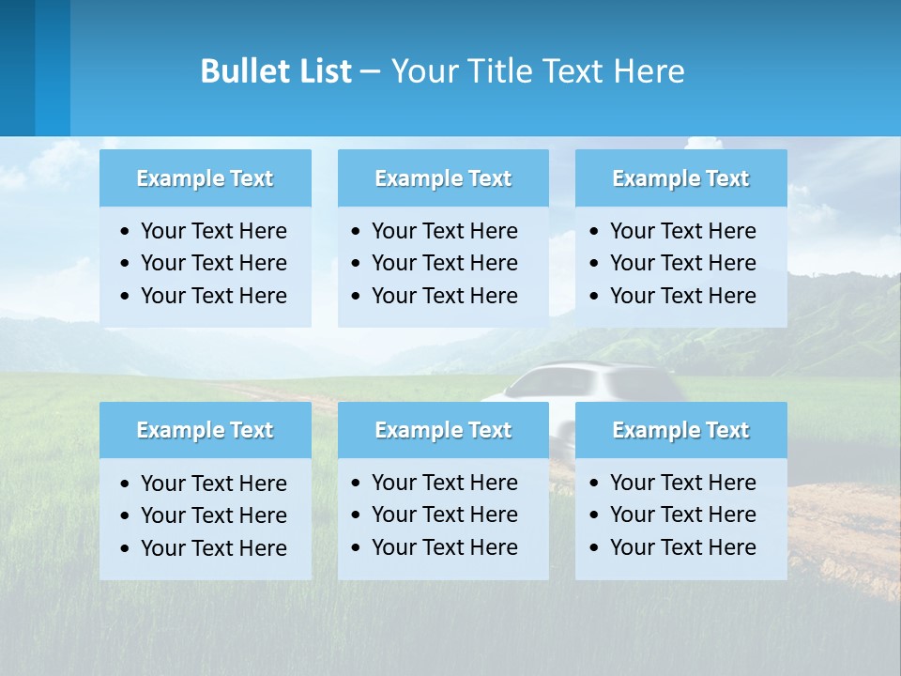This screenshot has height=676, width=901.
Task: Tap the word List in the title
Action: tap(321, 71)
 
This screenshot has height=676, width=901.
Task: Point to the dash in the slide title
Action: tap(370, 71)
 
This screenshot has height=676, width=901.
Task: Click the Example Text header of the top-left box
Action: tap(205, 178)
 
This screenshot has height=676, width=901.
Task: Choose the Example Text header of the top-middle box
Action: tap(443, 178)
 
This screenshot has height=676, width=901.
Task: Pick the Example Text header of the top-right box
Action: tap(680, 178)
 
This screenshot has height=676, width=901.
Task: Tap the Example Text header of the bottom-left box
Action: tap(205, 430)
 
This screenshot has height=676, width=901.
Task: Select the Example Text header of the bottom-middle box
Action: tap(443, 430)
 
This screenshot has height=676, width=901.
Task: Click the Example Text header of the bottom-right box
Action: tap(680, 430)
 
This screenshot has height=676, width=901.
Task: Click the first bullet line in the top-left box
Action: tap(213, 231)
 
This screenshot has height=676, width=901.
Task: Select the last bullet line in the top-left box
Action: tap(213, 296)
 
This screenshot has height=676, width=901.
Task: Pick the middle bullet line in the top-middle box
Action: tap(444, 263)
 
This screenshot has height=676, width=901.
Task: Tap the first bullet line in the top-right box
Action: tap(682, 231)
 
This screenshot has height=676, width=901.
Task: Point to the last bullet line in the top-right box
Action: tap(682, 296)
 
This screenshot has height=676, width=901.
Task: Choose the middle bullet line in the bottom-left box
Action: tap(213, 515)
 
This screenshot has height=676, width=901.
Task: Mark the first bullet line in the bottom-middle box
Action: tap(444, 483)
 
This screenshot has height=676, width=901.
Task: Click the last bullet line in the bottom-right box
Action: tap(682, 547)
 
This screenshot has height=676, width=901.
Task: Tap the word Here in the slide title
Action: tap(649, 71)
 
